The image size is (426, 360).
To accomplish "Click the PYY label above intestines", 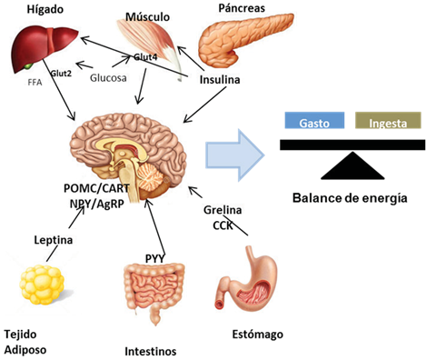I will pyautogui.click(x=154, y=257).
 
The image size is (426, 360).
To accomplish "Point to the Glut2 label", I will pyautogui.click(x=62, y=75).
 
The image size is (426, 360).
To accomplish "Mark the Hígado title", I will pyautogui.click(x=29, y=8).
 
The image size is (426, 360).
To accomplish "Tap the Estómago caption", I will pyautogui.click(x=257, y=335).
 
